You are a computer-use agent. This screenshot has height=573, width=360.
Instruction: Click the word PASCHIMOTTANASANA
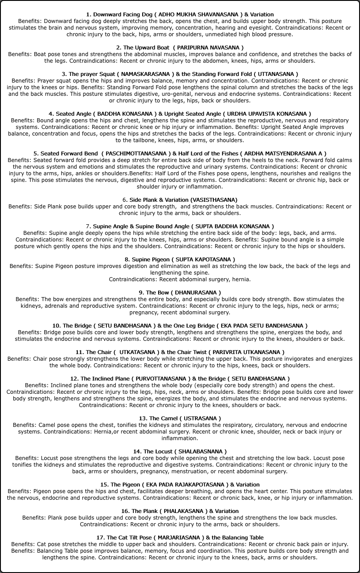click(135, 154)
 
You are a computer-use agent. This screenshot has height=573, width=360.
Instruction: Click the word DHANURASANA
click(196, 293)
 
